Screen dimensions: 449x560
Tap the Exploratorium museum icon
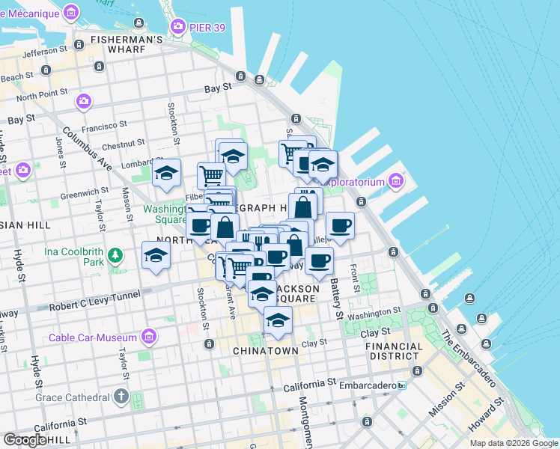point(395,181)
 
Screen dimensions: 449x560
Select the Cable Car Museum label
point(93,337)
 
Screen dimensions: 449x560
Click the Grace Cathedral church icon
point(121,396)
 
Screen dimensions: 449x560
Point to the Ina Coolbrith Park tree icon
point(115,257)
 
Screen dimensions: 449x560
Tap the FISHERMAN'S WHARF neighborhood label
point(127,45)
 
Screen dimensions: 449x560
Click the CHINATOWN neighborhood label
point(266,350)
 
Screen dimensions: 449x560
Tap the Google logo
point(25,440)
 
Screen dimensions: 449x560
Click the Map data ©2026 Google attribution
point(514,443)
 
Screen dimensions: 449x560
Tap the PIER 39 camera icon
point(178,28)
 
